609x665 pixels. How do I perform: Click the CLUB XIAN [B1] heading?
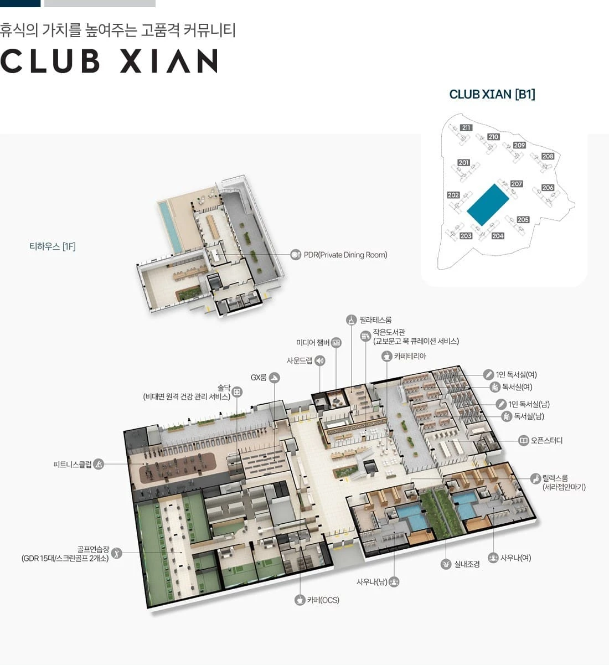tap(492, 94)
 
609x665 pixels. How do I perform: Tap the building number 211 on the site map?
tap(466, 128)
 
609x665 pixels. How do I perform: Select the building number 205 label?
tap(523, 219)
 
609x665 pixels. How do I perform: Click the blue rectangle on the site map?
tap(488, 205)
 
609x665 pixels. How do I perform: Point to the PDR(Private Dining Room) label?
tap(345, 255)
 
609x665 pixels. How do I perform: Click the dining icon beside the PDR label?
tap(296, 255)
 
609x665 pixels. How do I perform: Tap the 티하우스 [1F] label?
tap(53, 246)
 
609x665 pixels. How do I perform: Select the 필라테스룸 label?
tap(375, 320)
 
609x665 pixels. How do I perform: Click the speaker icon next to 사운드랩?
tap(320, 360)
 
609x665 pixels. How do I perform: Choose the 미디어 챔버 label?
tap(313, 342)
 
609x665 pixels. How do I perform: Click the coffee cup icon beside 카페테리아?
tap(386, 357)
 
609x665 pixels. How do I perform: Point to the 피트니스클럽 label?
tap(73, 464)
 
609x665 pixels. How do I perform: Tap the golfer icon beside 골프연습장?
tap(116, 553)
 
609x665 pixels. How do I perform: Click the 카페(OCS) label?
tap(323, 600)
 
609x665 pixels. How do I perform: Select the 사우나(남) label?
tap(372, 582)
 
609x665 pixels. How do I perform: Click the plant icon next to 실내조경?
tap(446, 564)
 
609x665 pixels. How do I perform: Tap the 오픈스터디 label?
tap(546, 440)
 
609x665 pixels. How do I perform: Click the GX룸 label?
tap(258, 377)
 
